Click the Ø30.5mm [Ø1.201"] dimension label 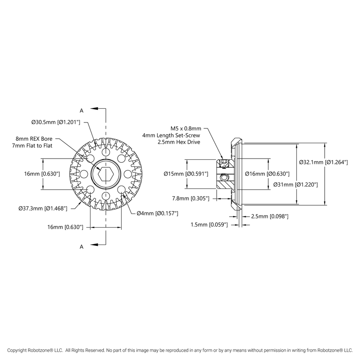(55, 122)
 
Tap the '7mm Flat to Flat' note (35, 146)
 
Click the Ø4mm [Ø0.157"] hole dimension (157, 213)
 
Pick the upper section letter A (81, 110)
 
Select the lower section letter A (81, 247)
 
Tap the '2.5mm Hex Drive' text (179, 142)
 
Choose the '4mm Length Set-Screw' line (171, 135)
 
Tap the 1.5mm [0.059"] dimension (210, 225)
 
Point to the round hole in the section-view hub (224, 177)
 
